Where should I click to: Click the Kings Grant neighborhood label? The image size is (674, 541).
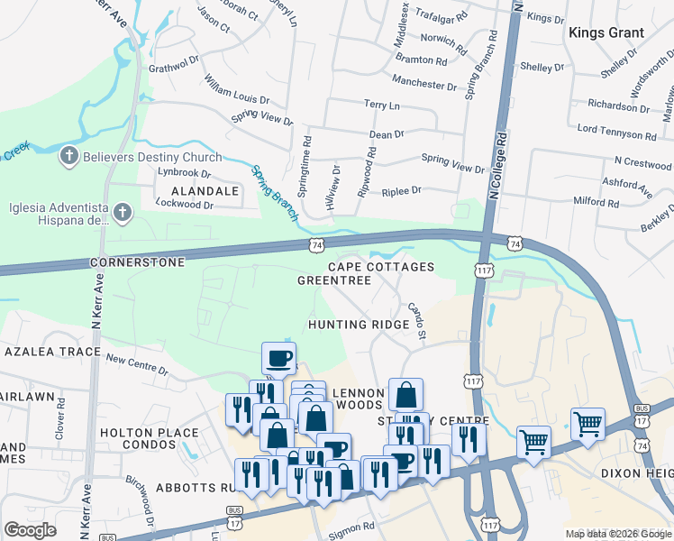tap(606, 32)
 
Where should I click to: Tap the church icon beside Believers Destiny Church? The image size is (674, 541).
tap(68, 157)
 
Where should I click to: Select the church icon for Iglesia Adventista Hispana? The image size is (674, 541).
tap(123, 212)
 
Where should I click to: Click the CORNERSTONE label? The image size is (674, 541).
tap(137, 262)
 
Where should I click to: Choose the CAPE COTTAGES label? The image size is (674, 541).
tap(380, 267)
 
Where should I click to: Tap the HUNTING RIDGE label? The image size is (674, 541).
tap(352, 325)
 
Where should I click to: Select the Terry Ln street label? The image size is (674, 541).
tap(381, 105)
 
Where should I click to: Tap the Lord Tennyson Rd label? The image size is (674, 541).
tap(616, 132)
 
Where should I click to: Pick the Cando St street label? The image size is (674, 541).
tap(415, 321)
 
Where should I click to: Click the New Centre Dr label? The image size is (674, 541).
tap(137, 364)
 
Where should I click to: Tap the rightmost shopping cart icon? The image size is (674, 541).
tap(587, 422)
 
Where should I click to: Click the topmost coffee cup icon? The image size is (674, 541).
tap(279, 357)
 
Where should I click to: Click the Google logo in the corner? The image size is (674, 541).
tap(30, 530)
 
